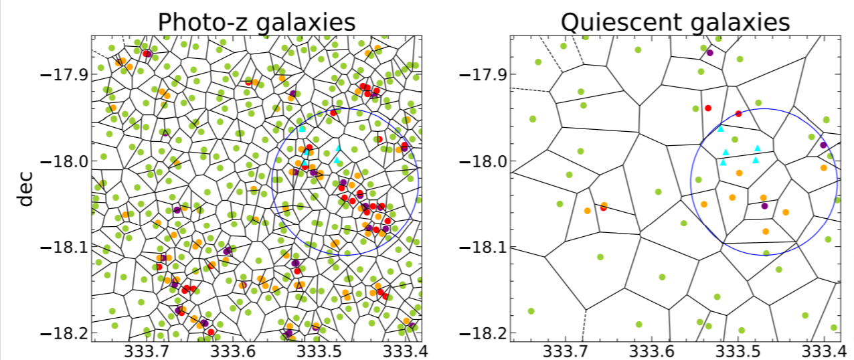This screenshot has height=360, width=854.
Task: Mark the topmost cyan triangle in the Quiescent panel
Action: click(721, 128)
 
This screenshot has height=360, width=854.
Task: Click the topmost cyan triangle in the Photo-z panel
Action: click(302, 128)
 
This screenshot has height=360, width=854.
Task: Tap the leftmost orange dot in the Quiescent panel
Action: click(587, 211)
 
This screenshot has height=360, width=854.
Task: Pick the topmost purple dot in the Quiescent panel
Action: click(710, 53)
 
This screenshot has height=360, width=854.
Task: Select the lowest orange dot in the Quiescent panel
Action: click(766, 232)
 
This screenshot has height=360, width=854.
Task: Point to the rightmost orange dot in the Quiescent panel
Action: click(823, 168)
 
